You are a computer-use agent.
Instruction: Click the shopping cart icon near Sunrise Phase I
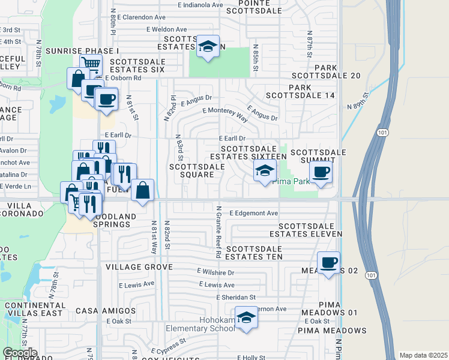90,63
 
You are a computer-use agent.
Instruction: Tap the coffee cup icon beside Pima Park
321,172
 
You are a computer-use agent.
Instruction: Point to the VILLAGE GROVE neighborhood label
139,266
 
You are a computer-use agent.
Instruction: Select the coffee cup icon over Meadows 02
328,262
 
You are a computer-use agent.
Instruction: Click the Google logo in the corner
20,353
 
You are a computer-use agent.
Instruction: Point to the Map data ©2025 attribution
423,355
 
